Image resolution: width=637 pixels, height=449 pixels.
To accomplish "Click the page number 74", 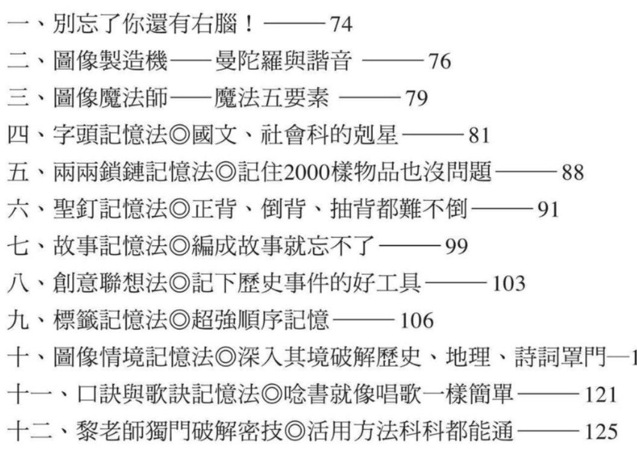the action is click(340, 24).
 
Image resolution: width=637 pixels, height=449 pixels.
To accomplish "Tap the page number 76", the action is click(439, 61).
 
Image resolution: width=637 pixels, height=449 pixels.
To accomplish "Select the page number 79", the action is click(416, 98).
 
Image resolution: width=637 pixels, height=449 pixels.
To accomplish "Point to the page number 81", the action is click(479, 136).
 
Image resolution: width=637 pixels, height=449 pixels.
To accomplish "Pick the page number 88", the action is click(573, 172).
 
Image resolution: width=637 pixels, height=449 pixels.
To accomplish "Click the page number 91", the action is click(548, 209).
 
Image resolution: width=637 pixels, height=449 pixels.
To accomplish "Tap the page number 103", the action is click(509, 283).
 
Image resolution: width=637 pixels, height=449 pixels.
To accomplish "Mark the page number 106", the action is click(417, 320).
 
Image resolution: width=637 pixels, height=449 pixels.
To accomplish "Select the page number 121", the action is click(601, 395).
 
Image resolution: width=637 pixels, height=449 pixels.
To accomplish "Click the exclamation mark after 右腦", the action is click(249, 24).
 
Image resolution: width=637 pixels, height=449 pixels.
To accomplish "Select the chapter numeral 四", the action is click(19, 135).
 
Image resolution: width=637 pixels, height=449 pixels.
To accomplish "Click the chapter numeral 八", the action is click(19, 283).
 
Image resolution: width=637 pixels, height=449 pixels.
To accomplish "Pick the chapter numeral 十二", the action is click(30, 432).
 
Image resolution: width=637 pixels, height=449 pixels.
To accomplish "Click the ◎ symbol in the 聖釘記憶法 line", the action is click(179, 209).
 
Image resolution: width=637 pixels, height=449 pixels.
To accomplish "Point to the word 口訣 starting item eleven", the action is click(99, 394).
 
